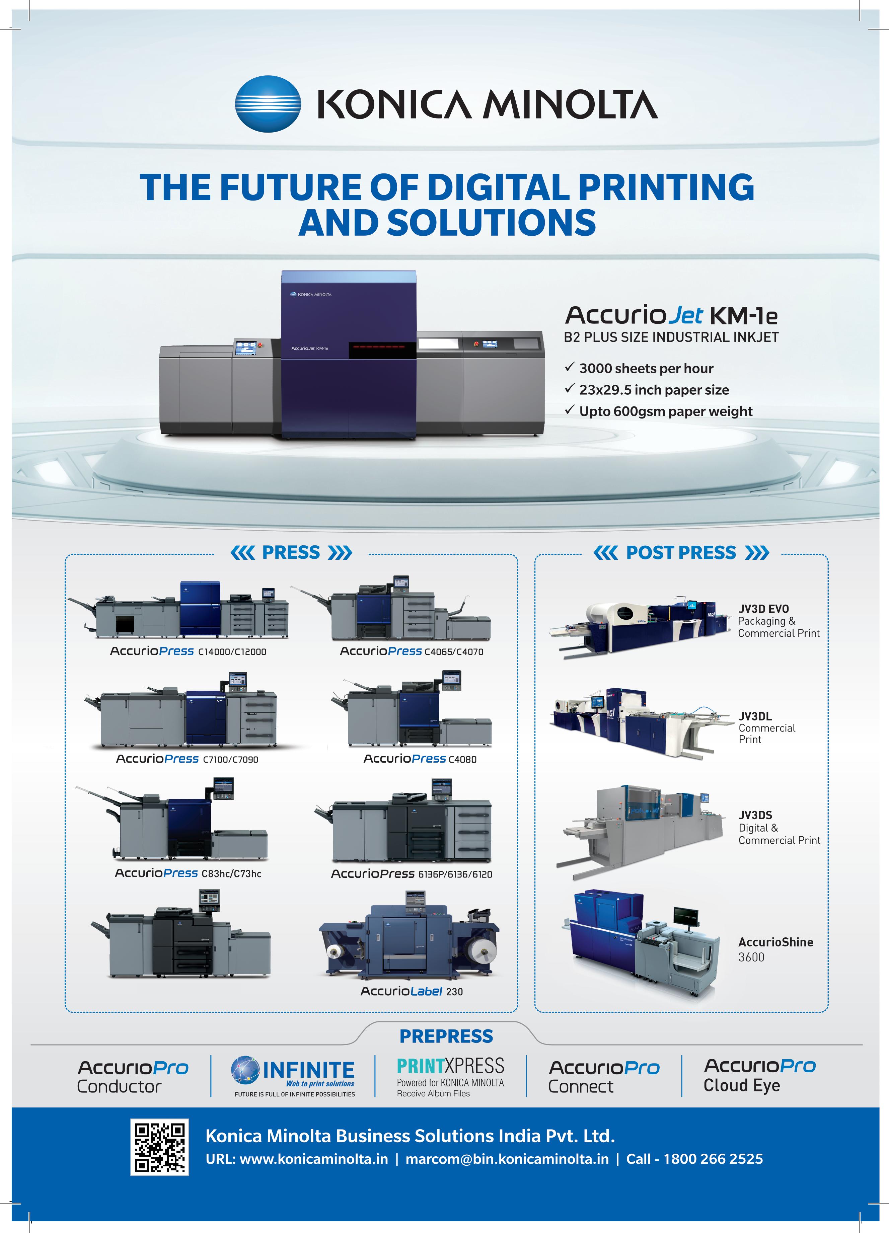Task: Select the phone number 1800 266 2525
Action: pos(713,1159)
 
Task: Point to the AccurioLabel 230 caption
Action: pos(412,991)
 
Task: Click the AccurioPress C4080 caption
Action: pos(420,759)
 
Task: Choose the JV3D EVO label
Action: pos(763,609)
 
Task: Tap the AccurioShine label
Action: pos(775,942)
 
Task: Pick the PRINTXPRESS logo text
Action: pos(450,1066)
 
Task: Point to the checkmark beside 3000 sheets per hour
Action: pos(569,368)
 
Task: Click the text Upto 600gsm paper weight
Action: pos(666,411)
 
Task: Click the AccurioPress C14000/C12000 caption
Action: pos(188,651)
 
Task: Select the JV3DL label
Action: pos(755,716)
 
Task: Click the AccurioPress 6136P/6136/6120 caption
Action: pos(412,874)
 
